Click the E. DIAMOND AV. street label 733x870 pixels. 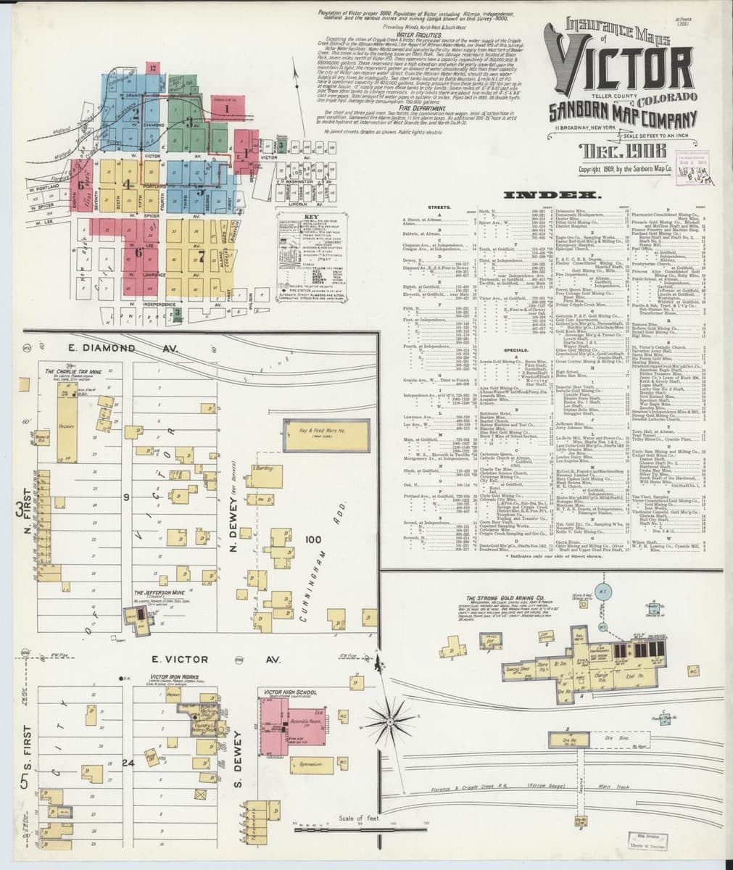coord(123,349)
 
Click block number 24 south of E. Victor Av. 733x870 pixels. coord(129,762)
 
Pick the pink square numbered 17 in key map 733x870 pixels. coord(153,67)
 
